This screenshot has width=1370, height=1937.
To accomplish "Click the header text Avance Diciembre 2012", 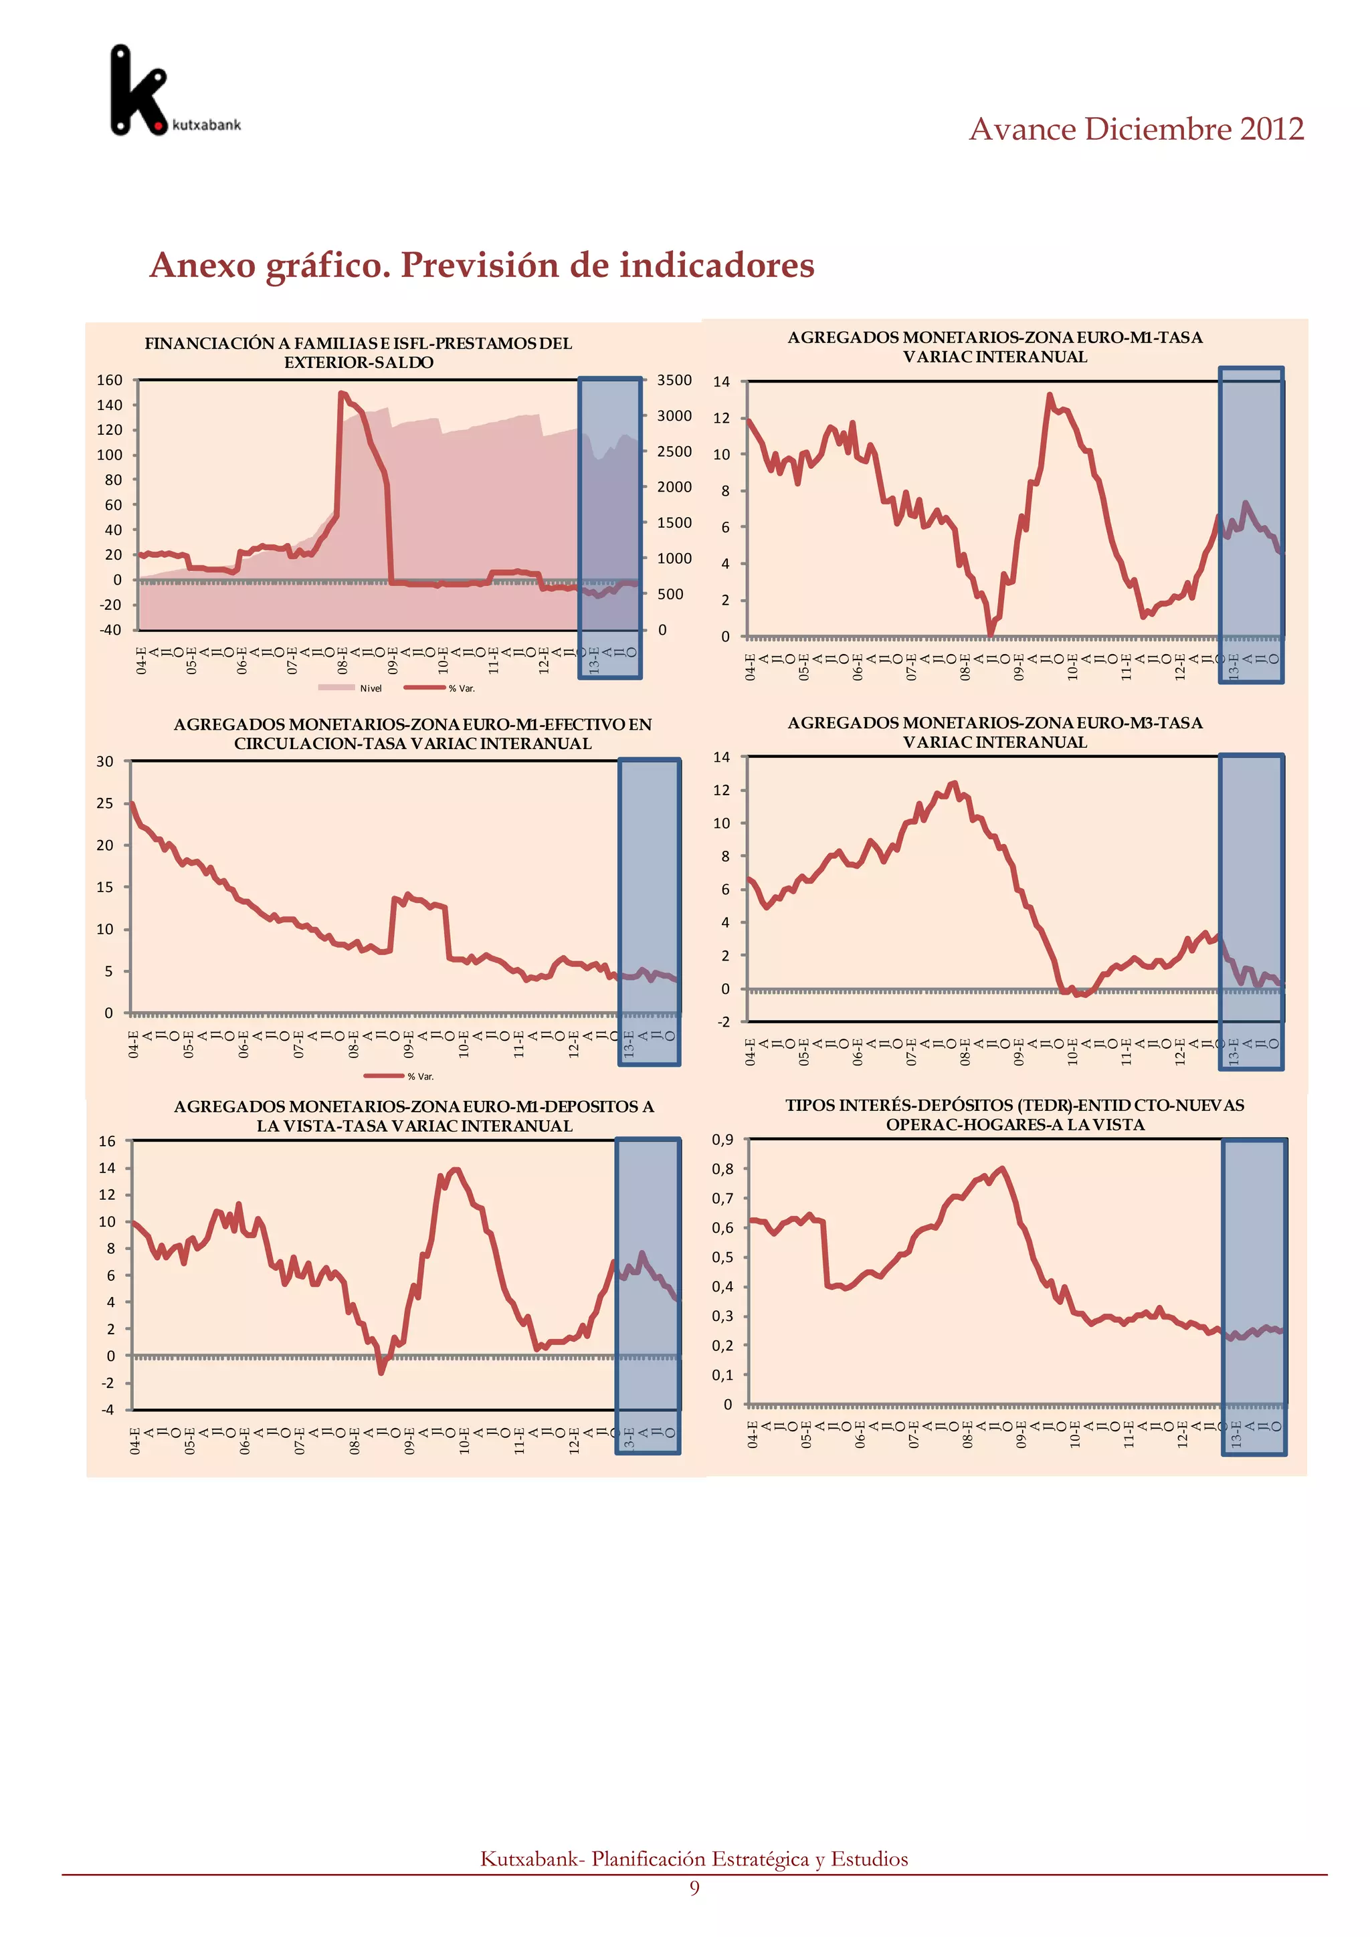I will [x=1135, y=129].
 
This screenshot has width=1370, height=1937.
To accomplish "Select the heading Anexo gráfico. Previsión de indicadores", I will [x=482, y=265].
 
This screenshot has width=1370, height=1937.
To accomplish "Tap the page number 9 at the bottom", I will [x=694, y=1888].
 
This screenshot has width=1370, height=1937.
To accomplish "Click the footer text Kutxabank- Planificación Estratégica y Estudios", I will [x=694, y=1859].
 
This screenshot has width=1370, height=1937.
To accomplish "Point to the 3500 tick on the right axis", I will [x=674, y=381].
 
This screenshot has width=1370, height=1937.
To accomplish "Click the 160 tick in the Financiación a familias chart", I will [x=109, y=381].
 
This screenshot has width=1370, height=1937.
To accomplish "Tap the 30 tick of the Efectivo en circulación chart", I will [x=104, y=761].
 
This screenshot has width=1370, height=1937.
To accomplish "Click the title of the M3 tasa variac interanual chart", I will [x=995, y=732].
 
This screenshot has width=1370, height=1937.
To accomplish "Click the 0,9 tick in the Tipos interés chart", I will [x=723, y=1140].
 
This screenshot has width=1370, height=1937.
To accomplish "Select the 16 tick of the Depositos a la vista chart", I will [x=106, y=1142].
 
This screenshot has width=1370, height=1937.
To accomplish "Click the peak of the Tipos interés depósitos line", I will [x=1001, y=1168].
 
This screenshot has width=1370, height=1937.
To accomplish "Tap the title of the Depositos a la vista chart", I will [x=414, y=1116].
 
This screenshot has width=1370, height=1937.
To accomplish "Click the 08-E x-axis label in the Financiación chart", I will [x=342, y=661].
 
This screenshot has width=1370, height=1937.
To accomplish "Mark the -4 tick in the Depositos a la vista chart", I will [x=107, y=1410].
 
